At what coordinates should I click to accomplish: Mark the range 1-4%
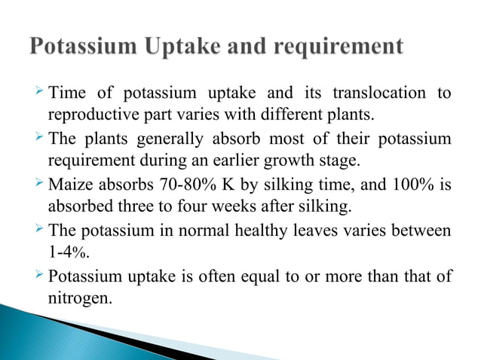coord(66,251)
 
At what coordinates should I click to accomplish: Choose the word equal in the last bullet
coord(260,276)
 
